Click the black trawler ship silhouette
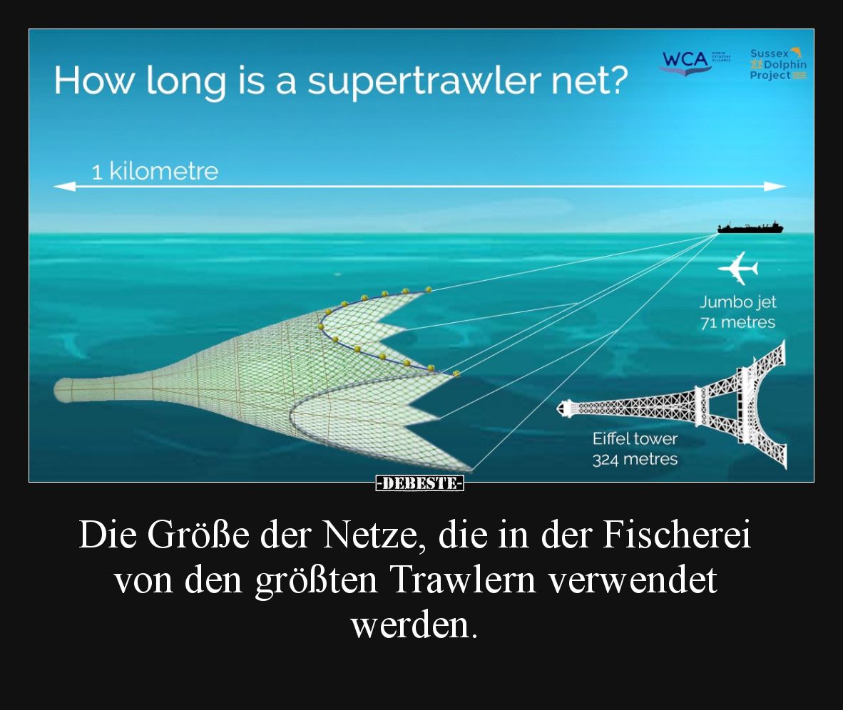pos(750,227)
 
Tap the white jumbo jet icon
pos(738,269)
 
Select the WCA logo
pos(685,60)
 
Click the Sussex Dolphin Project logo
pos(778,63)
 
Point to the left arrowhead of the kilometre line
pos(63,187)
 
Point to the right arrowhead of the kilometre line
pos(776,187)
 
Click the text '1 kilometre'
pos(155,172)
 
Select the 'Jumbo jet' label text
pos(737,302)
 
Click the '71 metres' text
pos(737,322)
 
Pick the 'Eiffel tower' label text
pos(635,439)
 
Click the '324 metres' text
pos(635,459)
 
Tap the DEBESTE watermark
pos(420,483)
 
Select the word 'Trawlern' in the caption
pos(464,581)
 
